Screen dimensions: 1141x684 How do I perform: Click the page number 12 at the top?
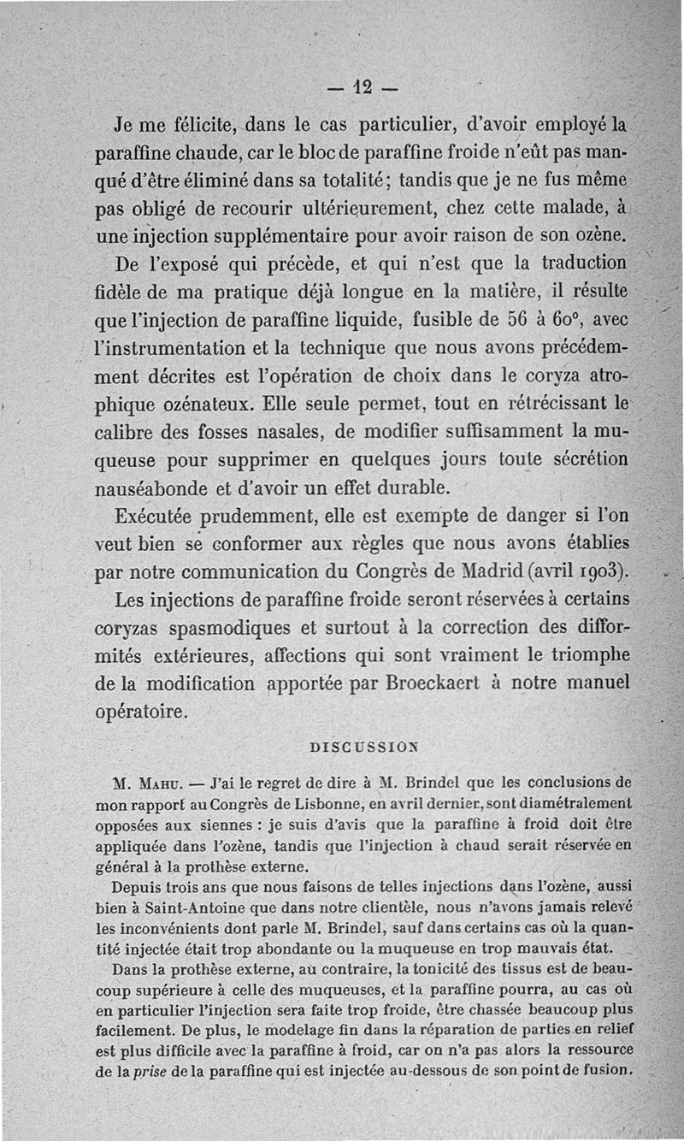pyautogui.click(x=363, y=86)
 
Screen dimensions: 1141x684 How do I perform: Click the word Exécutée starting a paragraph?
pyautogui.click(x=164, y=516)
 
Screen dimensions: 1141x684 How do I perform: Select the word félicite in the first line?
pyautogui.click(x=182, y=125)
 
